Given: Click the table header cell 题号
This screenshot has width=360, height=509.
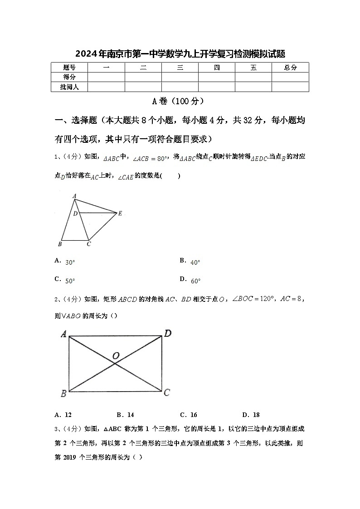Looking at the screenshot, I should click(x=69, y=68).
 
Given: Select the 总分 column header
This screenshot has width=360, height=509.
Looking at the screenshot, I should click(x=290, y=68).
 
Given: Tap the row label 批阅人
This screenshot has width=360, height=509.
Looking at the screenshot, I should click(x=69, y=87).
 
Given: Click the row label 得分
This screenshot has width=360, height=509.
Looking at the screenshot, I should click(x=69, y=77).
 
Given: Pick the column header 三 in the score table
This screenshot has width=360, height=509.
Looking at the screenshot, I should click(x=180, y=68).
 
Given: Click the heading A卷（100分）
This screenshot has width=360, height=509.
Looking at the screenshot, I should click(x=180, y=101).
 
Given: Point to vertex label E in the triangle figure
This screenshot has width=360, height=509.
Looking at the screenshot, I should click(x=120, y=213).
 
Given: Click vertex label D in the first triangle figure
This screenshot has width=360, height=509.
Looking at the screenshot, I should click(x=75, y=213).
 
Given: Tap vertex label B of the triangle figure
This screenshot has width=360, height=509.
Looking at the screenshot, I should click(x=60, y=245).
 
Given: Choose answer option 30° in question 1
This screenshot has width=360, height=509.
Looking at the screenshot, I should click(x=70, y=262).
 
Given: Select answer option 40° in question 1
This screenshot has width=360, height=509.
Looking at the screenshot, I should click(x=195, y=262).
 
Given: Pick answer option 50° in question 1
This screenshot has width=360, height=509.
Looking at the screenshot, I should click(x=70, y=281).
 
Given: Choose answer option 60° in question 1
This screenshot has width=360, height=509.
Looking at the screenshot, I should click(x=195, y=281).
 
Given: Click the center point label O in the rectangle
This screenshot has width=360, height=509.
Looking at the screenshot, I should click(x=116, y=356).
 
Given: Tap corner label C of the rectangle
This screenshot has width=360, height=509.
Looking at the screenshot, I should click(x=167, y=393).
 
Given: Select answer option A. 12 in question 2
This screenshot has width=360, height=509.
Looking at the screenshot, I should click(x=63, y=415).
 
